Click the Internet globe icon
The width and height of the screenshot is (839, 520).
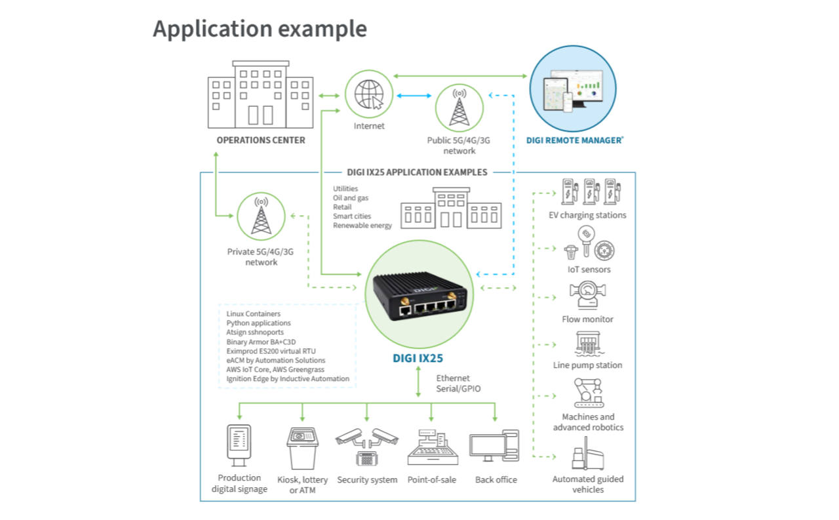[369, 96]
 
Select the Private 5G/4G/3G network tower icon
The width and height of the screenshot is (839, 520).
[261, 214]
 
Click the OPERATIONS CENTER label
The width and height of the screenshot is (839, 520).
[261, 140]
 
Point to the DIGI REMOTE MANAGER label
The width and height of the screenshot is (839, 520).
[575, 140]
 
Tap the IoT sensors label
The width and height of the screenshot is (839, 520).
[589, 270]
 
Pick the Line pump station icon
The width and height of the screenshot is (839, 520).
[588, 344]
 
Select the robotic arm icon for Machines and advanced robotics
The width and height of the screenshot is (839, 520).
[588, 393]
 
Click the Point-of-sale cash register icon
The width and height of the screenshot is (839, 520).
[431, 447]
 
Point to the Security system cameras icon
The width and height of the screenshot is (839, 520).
[367, 445]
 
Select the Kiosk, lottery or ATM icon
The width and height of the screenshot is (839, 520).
[302, 447]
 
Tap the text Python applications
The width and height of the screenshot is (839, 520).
[258, 323]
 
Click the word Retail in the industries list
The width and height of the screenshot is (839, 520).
[342, 207]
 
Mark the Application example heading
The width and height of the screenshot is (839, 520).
[260, 29]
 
